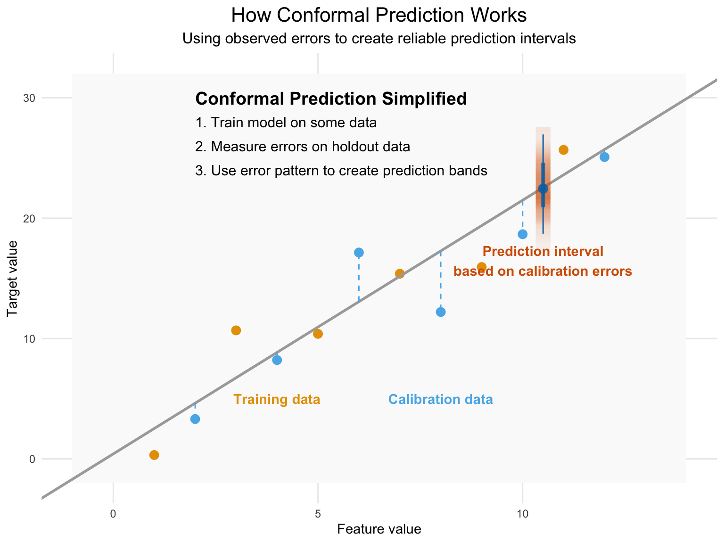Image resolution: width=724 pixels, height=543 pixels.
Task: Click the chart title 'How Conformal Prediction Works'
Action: [x=378, y=15]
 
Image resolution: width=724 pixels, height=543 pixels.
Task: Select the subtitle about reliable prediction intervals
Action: [x=379, y=39]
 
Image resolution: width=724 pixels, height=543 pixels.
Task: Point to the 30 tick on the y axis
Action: [x=29, y=98]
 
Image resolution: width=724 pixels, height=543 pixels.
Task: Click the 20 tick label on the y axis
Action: [x=29, y=218]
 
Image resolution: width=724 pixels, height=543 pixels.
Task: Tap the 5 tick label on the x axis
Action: [x=318, y=514]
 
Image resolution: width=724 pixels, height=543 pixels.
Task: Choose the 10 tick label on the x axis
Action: [x=522, y=514]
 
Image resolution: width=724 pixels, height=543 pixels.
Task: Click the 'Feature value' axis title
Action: [x=379, y=529]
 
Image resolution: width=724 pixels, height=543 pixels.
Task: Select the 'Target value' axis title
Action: [x=12, y=279]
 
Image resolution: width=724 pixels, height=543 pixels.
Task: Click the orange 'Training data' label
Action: [x=277, y=399]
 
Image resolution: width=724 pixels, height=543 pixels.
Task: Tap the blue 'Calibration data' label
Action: [x=441, y=399]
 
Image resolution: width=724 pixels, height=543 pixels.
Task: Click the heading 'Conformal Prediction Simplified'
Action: [x=331, y=99]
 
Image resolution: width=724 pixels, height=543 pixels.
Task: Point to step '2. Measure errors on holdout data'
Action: [x=303, y=147]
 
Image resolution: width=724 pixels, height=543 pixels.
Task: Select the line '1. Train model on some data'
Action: [x=286, y=123]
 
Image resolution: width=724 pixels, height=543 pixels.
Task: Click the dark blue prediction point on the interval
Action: [x=543, y=189]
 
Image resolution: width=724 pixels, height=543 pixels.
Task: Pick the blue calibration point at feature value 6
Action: [x=359, y=253]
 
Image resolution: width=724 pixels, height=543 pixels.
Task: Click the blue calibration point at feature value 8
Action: [x=441, y=312]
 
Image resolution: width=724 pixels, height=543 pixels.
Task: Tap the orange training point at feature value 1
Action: [x=154, y=455]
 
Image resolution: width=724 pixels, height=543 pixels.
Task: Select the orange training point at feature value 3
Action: [x=236, y=330]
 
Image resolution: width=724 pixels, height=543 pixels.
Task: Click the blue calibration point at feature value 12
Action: [x=604, y=157]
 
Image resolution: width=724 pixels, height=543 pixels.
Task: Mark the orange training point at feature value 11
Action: [x=563, y=150]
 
